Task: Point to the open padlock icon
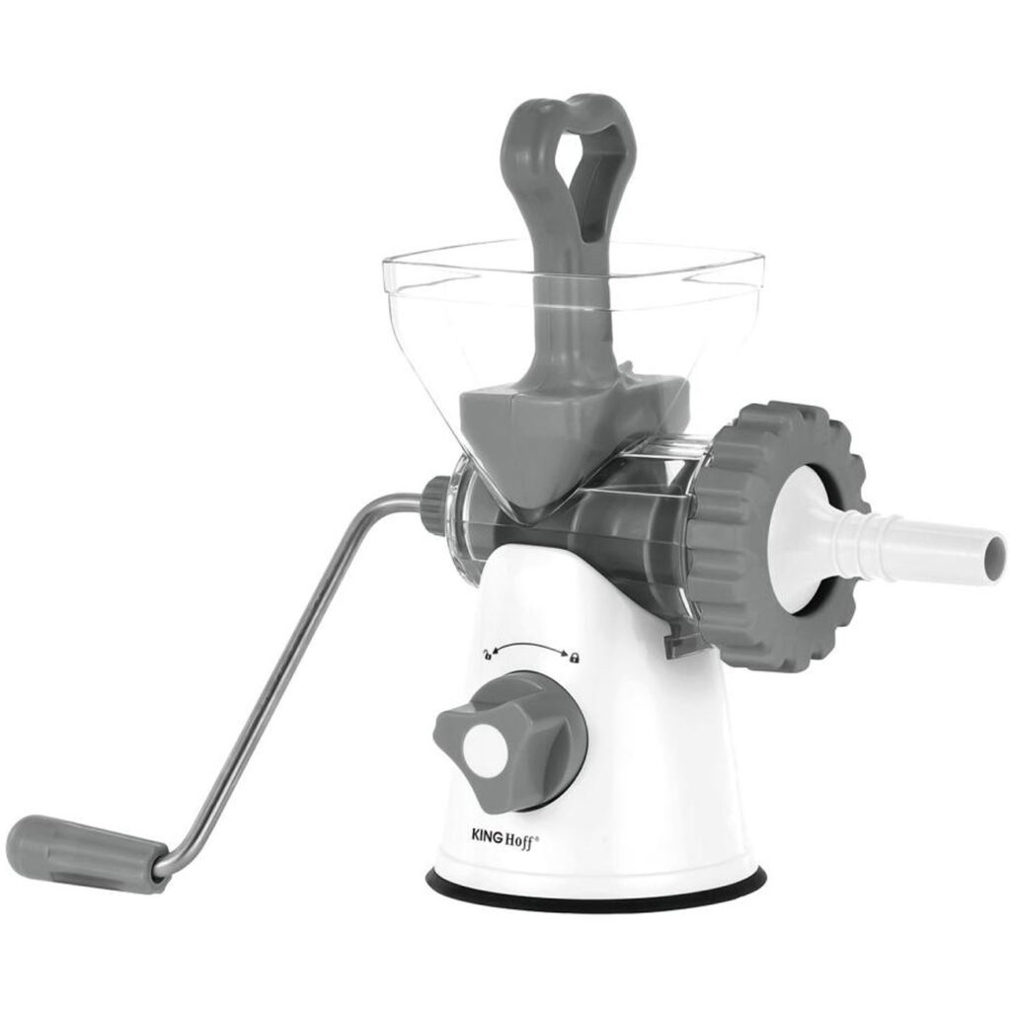(x=488, y=656)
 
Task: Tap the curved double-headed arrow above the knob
(x=530, y=648)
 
